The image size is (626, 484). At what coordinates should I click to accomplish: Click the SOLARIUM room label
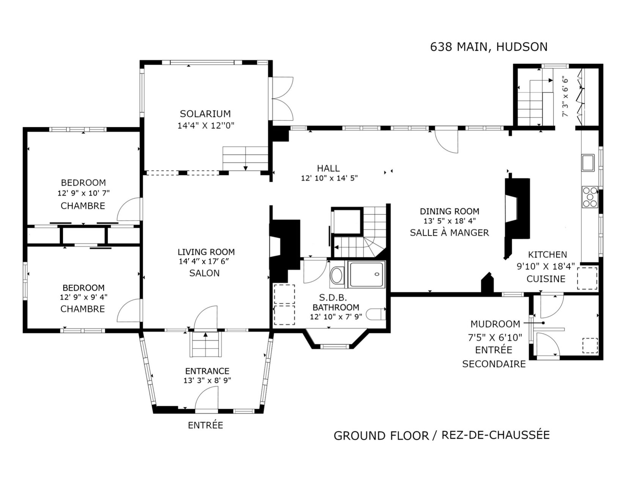point(205,114)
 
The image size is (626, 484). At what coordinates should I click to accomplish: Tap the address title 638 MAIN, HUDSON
point(489,47)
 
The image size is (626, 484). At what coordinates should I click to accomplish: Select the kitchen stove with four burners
point(590,197)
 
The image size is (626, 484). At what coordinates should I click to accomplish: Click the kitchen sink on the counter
point(588,162)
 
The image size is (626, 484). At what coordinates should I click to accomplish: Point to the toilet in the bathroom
point(376,314)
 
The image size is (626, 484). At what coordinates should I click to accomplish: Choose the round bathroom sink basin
point(337,276)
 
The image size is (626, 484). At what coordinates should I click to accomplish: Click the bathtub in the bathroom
point(366,274)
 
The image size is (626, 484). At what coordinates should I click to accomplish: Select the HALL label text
point(328,168)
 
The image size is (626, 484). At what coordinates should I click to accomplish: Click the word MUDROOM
point(495,324)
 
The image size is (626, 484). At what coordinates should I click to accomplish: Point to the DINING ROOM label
point(450,211)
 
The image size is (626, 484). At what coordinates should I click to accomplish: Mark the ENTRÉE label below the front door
point(205,425)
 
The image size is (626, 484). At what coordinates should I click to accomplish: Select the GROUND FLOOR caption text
point(381,436)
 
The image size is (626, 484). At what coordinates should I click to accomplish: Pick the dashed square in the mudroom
point(590,345)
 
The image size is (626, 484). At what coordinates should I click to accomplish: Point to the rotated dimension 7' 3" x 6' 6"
point(565,96)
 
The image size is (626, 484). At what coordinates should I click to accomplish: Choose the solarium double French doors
point(282,99)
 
